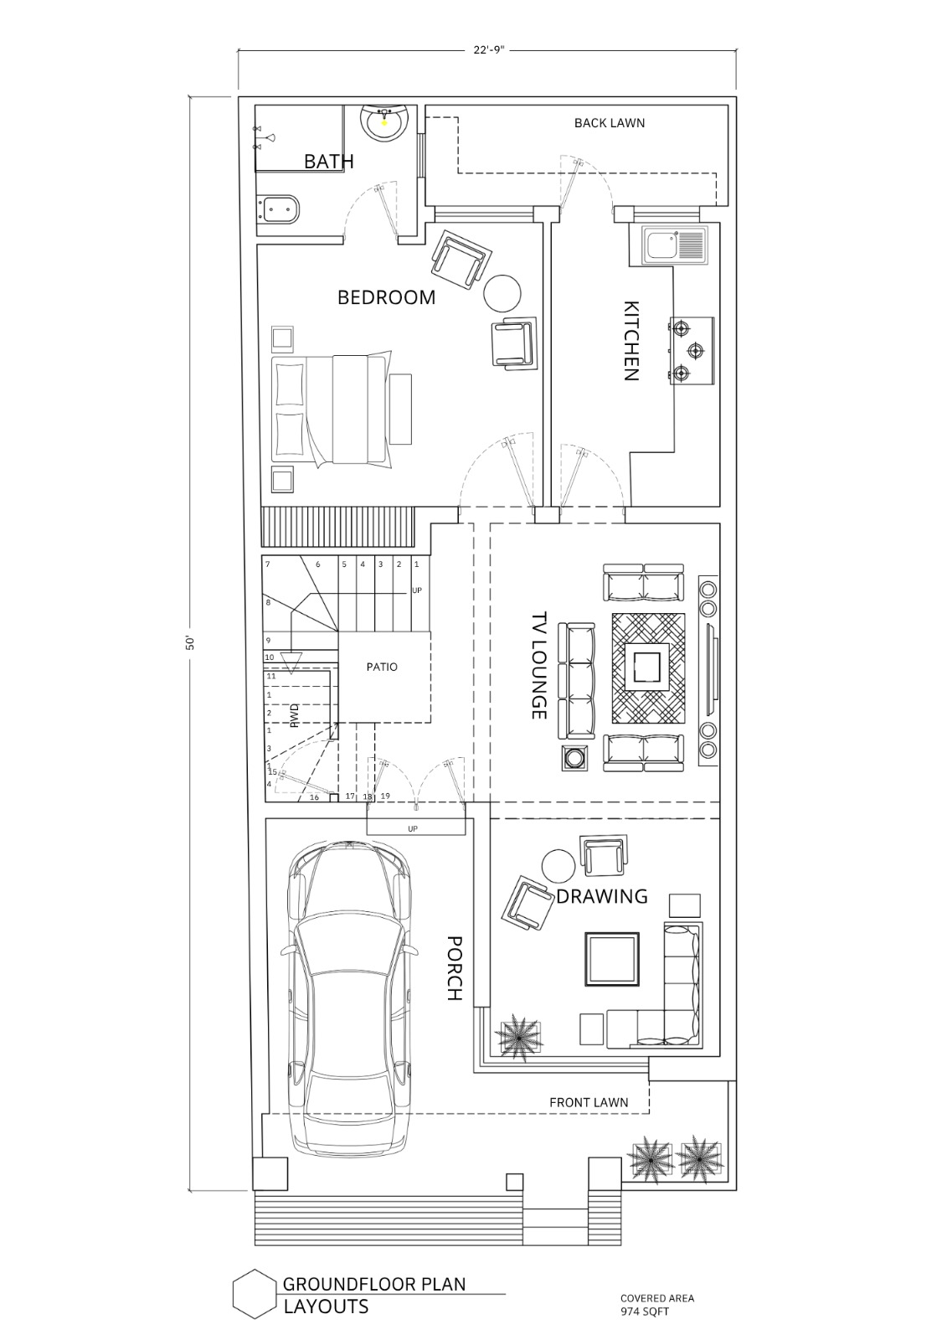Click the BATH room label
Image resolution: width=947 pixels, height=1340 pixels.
point(328,162)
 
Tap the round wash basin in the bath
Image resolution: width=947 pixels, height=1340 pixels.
point(384,123)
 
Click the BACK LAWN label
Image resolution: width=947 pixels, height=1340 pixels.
point(609,123)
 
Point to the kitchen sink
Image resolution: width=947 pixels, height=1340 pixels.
point(673,245)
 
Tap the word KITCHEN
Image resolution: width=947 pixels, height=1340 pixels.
point(631,341)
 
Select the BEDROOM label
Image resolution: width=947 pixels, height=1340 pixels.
point(387,297)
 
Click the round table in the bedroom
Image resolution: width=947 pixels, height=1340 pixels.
point(502,292)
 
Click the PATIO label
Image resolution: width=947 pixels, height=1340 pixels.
point(382,667)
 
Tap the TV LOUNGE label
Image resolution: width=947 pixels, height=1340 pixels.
point(539,665)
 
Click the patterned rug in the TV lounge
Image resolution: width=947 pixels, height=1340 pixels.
point(647,667)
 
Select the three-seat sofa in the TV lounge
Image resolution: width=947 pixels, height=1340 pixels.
point(577,681)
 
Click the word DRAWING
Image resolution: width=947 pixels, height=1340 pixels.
point(602,896)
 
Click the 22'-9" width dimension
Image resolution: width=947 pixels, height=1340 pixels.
point(489,51)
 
